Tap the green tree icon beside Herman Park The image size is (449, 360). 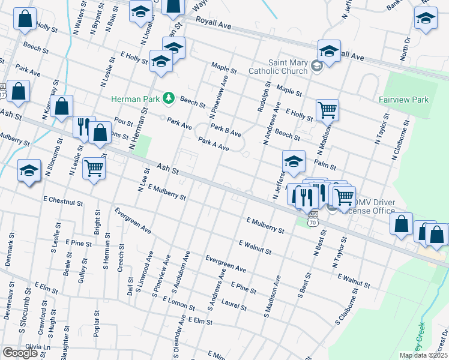pyautogui.click(x=170, y=97)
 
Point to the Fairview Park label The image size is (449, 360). pyautogui.click(x=403, y=100)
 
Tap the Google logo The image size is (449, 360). pyautogui.click(x=20, y=352)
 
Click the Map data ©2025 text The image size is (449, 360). pyautogui.click(x=423, y=355)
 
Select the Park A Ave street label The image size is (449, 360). pyautogui.click(x=214, y=144)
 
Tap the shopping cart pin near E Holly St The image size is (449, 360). pyautogui.click(x=327, y=110)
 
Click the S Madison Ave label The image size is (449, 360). pyautogui.click(x=272, y=297)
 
